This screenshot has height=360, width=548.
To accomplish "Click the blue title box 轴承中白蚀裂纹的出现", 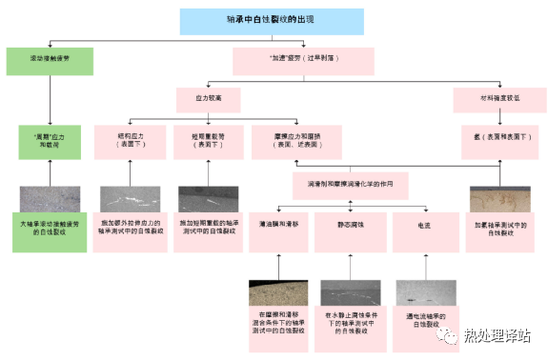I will pos(272,21).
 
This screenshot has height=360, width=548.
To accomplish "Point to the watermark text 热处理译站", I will pos(497,335).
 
